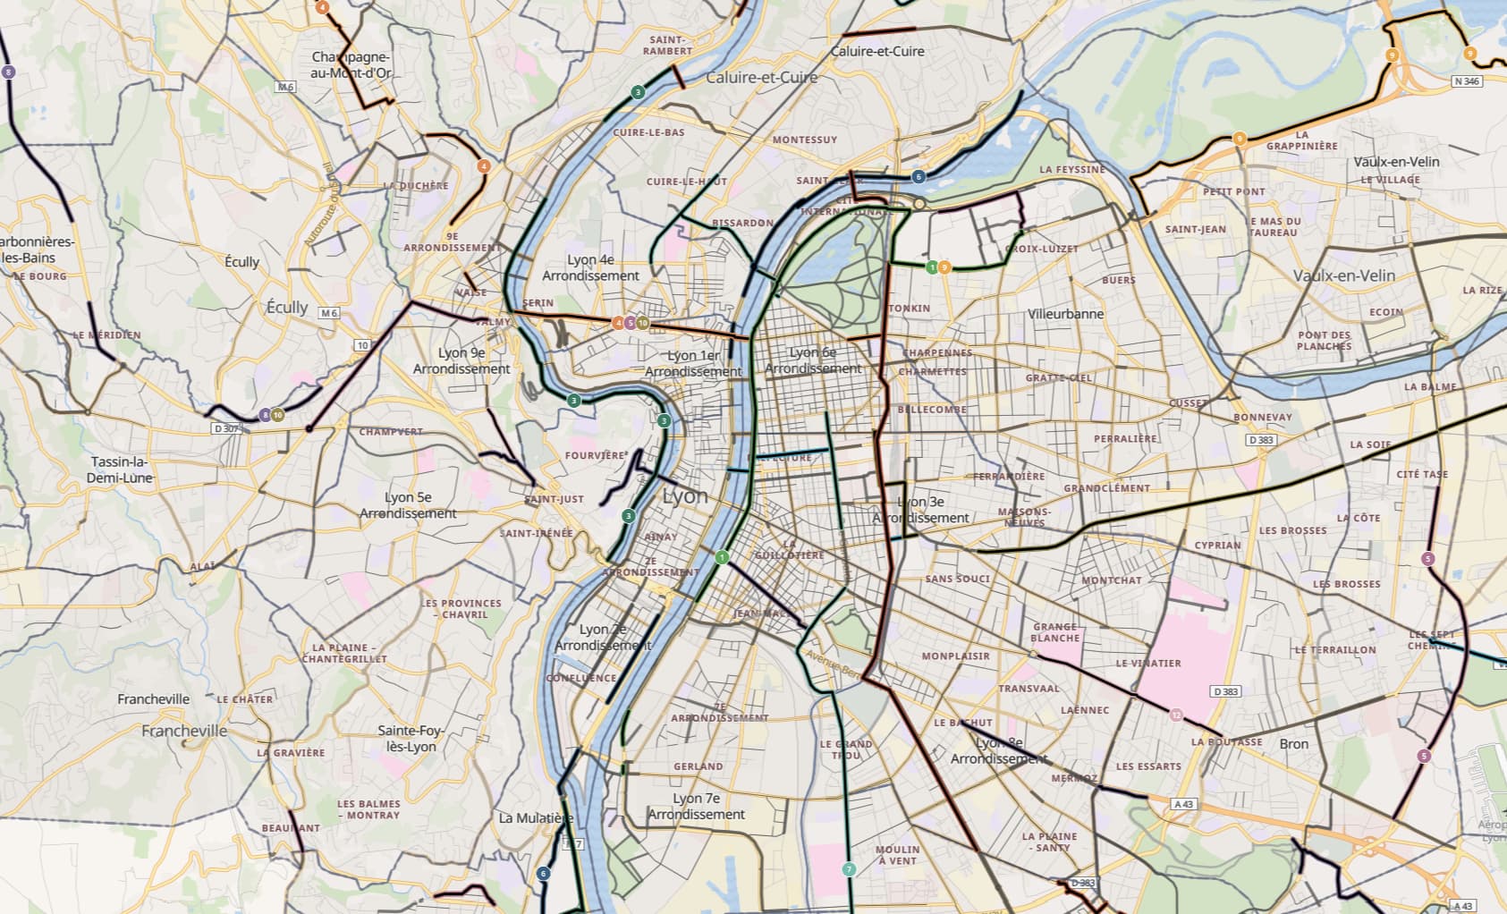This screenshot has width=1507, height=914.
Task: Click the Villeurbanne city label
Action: coord(1065,315)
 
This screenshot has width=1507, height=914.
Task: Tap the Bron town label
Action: coord(1293,744)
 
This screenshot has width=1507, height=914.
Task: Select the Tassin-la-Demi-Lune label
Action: coord(119,470)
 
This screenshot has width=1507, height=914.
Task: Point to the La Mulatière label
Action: coord(536,818)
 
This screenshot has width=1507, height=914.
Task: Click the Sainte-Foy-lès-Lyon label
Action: coord(411,739)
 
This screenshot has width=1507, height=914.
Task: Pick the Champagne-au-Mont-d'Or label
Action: coord(351,64)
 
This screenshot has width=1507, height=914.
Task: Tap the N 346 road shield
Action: coord(1467,81)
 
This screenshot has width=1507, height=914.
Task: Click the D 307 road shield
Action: coord(226,429)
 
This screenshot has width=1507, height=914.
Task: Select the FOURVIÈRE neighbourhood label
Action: coord(595,455)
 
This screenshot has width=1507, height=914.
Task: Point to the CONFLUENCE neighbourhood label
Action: coord(581,679)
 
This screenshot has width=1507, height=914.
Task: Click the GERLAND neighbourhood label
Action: coord(698,766)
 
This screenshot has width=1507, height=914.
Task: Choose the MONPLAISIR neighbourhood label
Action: coord(955,656)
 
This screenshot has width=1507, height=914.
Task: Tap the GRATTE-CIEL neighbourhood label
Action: coord(1058,378)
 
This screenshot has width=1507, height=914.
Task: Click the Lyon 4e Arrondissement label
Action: coord(590,267)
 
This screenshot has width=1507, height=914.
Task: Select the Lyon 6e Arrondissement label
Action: coord(813,360)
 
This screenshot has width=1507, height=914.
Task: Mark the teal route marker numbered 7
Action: coord(849,869)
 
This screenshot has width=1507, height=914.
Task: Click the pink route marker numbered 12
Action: coord(1176,715)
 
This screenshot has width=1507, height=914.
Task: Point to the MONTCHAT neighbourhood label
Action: coord(1111,580)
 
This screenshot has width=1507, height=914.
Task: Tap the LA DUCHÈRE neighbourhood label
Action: coord(416,186)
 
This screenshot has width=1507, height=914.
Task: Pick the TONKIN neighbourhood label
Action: coord(909,309)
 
